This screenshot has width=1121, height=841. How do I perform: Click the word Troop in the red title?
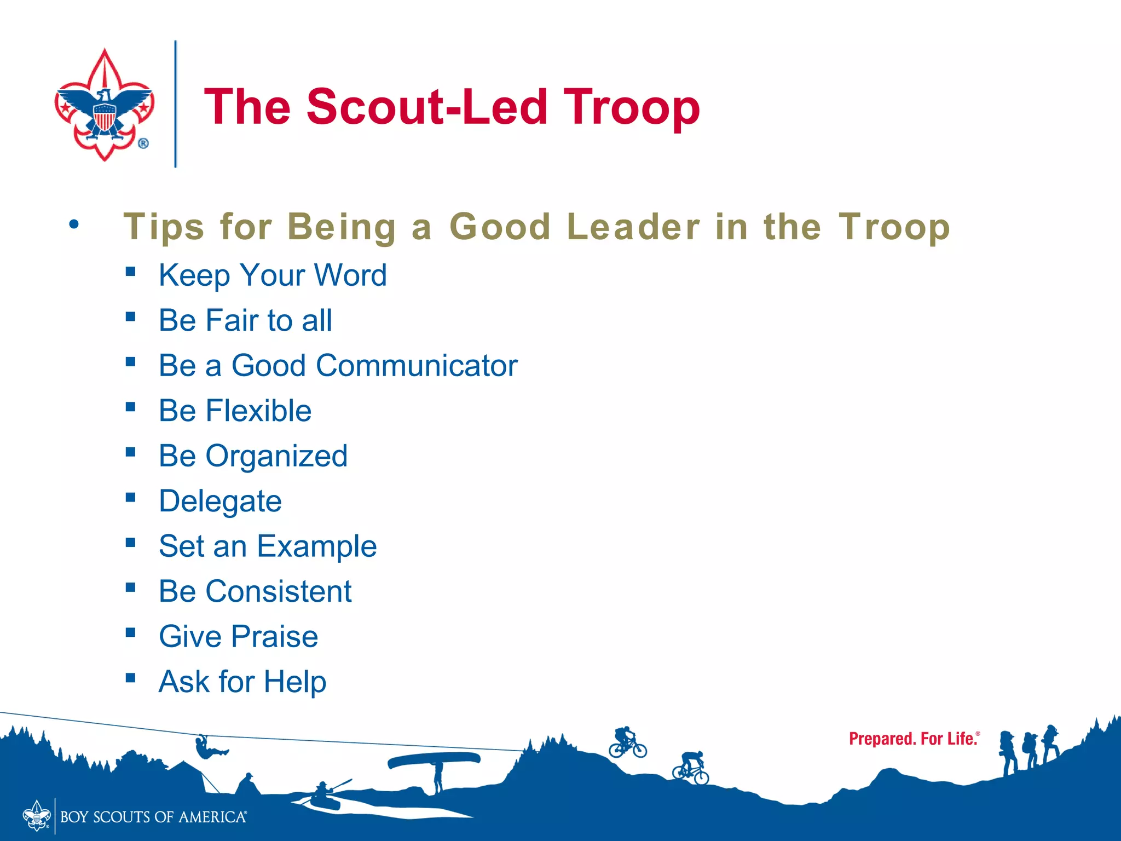point(632,107)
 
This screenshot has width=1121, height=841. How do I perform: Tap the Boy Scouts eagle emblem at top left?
point(104,105)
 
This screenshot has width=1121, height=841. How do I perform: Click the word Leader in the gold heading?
point(633,227)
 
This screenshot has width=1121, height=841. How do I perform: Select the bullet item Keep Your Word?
point(273,275)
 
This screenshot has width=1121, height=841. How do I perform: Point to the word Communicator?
point(417,366)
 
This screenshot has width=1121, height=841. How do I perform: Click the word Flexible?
point(258,411)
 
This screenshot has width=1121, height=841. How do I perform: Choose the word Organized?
point(276,456)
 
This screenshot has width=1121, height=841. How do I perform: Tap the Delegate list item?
point(220,501)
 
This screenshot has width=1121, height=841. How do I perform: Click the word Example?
point(317,546)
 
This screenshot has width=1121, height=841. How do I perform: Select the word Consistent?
point(278,591)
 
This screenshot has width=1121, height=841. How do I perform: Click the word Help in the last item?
point(295,682)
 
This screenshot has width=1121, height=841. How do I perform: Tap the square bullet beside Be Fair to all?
point(130,316)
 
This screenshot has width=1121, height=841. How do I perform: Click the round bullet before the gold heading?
point(74,224)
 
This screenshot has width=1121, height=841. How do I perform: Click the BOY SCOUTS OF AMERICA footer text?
point(153,817)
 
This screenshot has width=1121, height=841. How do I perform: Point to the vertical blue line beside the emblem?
point(176,104)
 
